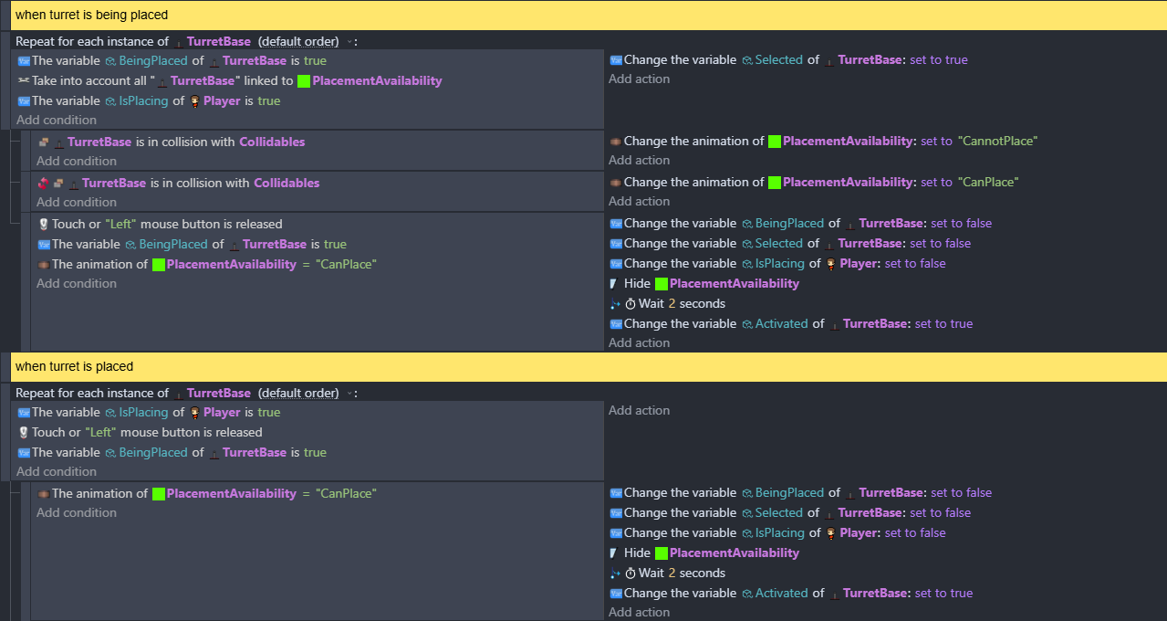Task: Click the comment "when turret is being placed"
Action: click(x=91, y=15)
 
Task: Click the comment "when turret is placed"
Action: click(x=75, y=366)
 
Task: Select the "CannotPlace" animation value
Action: click(x=997, y=142)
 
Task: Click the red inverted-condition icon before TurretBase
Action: click(x=43, y=183)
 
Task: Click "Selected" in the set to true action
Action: click(x=778, y=60)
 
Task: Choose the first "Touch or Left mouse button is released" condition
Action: click(x=161, y=225)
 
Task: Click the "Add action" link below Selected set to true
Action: click(x=640, y=79)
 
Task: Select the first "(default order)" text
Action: click(x=298, y=42)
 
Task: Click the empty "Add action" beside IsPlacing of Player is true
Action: click(x=640, y=410)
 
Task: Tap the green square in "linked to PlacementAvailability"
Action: click(x=304, y=81)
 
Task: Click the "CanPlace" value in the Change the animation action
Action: click(x=988, y=183)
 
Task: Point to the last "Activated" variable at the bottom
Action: click(x=781, y=594)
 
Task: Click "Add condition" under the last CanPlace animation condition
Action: click(x=77, y=512)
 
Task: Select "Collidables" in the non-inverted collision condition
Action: click(x=272, y=142)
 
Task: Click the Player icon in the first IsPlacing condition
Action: click(x=195, y=101)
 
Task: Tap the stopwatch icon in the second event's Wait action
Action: click(x=630, y=573)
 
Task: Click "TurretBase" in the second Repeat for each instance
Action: click(x=218, y=393)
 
